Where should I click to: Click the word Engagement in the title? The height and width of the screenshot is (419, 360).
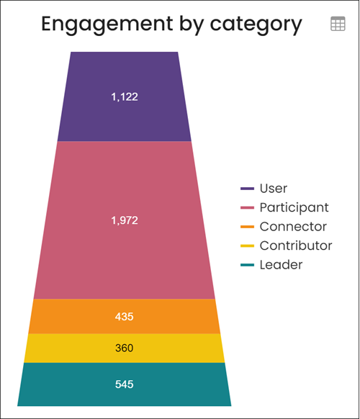click(x=107, y=24)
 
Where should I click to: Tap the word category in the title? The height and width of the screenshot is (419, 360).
click(x=256, y=25)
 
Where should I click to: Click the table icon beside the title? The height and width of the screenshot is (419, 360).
click(x=338, y=24)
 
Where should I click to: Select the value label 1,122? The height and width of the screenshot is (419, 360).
click(x=125, y=96)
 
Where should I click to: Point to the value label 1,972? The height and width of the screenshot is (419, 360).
click(x=125, y=220)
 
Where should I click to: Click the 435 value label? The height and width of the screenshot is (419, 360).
click(x=125, y=317)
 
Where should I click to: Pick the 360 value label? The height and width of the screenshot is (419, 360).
click(x=125, y=348)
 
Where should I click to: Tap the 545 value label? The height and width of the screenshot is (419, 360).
click(x=125, y=384)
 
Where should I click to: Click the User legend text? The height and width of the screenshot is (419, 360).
click(x=274, y=189)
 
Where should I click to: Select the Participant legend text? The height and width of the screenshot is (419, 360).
click(x=294, y=207)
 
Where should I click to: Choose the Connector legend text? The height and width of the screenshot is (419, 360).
click(x=293, y=227)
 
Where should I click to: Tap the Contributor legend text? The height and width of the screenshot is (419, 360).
click(x=296, y=245)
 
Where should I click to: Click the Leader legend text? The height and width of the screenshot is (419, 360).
click(x=281, y=265)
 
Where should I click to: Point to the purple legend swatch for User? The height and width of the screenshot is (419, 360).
click(x=247, y=189)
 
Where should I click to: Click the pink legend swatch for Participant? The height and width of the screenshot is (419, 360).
click(x=247, y=207)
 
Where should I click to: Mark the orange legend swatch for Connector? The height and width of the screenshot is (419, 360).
click(x=247, y=227)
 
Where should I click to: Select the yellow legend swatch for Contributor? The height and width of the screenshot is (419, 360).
click(x=247, y=245)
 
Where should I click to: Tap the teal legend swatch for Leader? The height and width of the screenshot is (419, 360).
click(x=247, y=265)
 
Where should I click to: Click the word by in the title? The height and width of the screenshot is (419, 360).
click(x=192, y=25)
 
